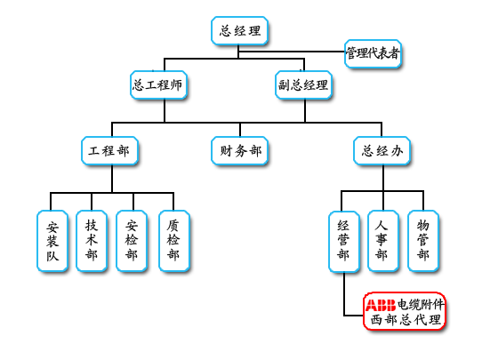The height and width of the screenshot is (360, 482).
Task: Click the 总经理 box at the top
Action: [239, 31]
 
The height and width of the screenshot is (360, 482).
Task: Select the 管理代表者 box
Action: [373, 53]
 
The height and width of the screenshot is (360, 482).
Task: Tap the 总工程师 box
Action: [158, 85]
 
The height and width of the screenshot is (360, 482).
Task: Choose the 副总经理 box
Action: [303, 85]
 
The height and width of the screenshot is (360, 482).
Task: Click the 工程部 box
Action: [109, 151]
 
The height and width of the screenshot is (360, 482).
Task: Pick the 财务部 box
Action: [239, 151]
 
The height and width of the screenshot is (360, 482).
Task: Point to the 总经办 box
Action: [382, 151]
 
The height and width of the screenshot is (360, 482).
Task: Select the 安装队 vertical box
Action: [52, 241]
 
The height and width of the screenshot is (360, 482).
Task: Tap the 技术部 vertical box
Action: [92, 241]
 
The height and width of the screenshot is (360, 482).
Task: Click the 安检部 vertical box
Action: [132, 241]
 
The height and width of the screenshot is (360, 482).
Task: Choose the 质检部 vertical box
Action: [174, 241]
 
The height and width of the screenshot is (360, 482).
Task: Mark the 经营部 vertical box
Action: [344, 242]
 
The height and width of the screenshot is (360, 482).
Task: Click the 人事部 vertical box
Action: [383, 241]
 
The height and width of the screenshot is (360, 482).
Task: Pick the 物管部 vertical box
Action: [423, 241]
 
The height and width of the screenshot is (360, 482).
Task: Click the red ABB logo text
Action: [381, 305]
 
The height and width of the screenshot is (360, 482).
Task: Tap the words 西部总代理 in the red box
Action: [406, 320]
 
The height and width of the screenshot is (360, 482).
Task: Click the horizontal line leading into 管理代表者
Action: [292, 52]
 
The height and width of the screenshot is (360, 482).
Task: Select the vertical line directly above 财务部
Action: [240, 130]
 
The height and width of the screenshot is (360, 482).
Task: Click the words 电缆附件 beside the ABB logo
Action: [421, 304]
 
